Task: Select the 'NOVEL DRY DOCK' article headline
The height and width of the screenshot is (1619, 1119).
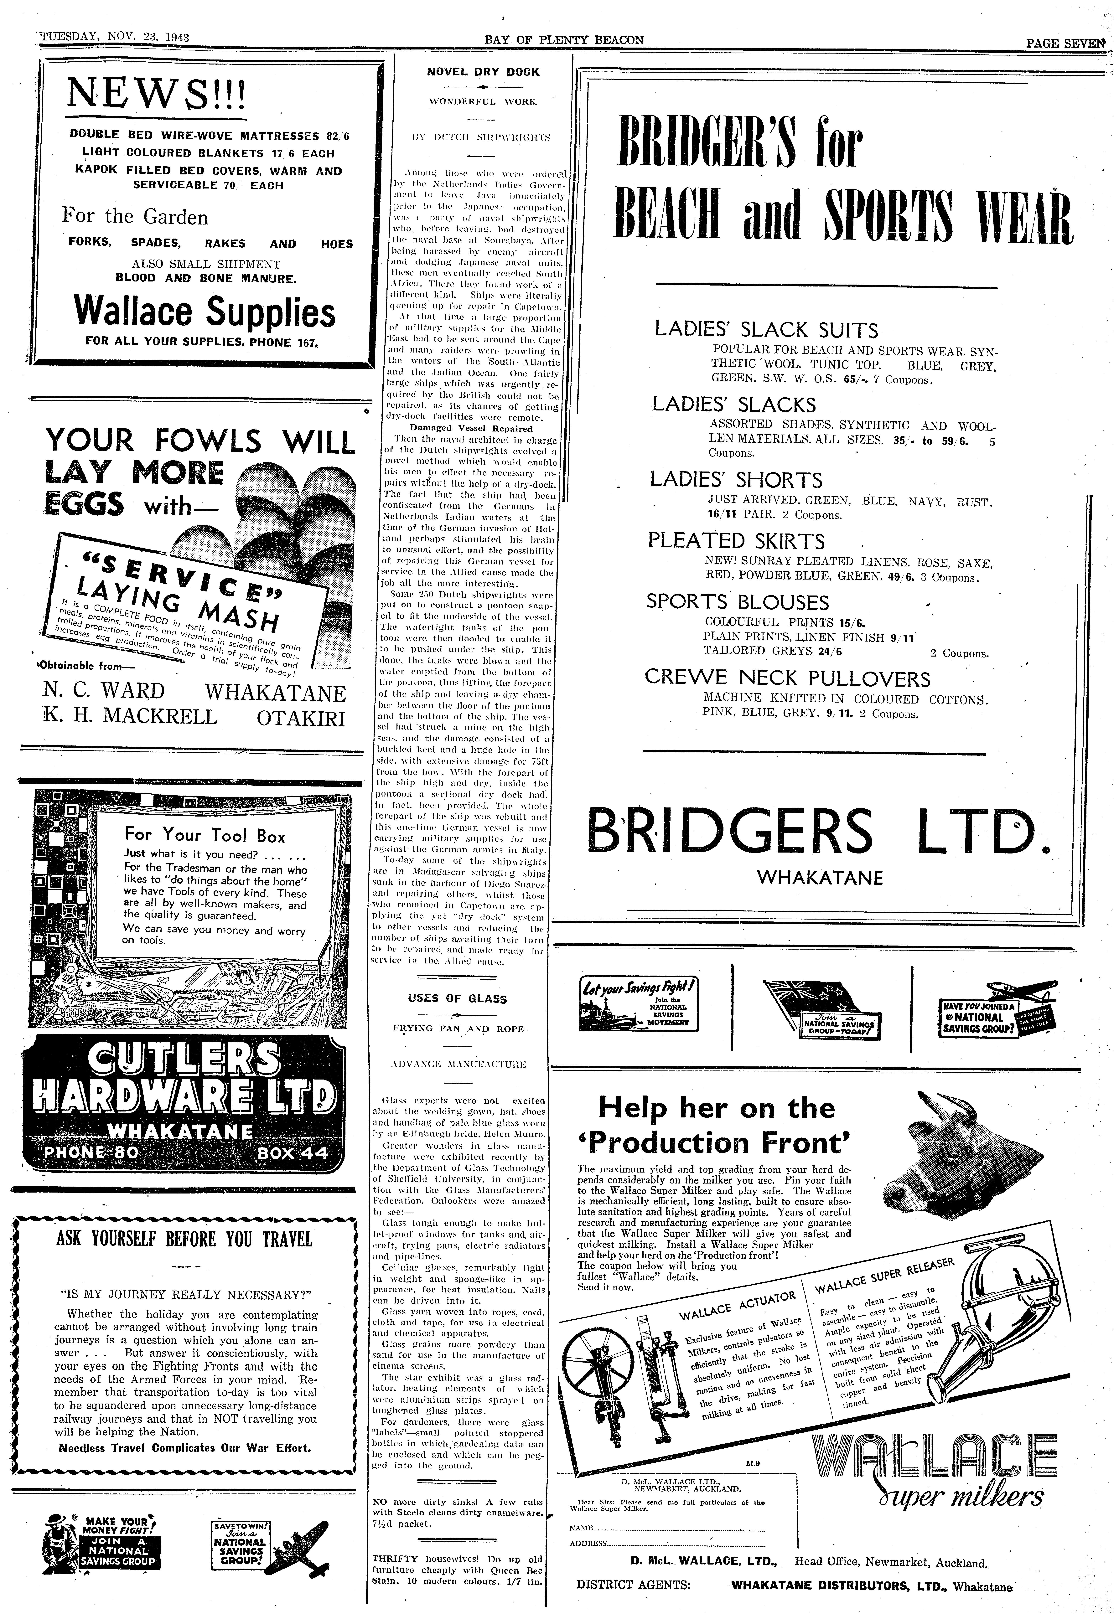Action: coord(484,71)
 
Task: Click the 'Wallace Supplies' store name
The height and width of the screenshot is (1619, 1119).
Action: coord(205,313)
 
